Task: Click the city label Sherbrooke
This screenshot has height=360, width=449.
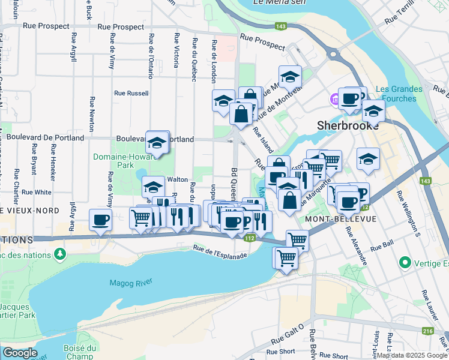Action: [x=348, y=126]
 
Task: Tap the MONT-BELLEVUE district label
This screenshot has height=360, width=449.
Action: [x=340, y=219]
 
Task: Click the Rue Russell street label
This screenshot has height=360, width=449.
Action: [x=131, y=93]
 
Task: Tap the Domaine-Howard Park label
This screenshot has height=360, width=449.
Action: [x=113, y=161]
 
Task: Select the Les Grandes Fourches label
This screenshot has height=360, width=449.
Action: [x=399, y=94]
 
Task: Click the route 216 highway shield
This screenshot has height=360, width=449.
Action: [x=427, y=330]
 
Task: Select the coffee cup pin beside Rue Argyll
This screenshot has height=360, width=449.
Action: [x=101, y=219]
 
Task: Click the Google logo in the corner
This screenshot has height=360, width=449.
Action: [x=19, y=353]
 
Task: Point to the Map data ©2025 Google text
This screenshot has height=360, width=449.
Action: [x=412, y=355]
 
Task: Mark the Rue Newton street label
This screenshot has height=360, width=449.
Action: [x=92, y=114]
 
